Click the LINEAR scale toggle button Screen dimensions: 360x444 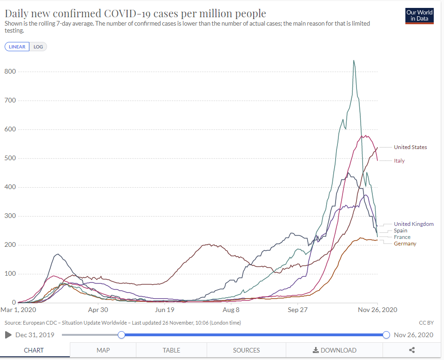click(x=17, y=47)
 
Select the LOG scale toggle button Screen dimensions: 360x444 click(x=38, y=47)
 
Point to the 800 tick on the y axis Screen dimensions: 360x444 click(x=10, y=72)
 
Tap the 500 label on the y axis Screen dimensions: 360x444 click(x=10, y=158)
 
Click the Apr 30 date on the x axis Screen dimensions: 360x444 click(x=98, y=310)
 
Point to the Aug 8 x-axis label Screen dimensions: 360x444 click(x=231, y=310)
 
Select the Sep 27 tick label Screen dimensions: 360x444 click(x=298, y=310)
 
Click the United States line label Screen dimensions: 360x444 click(x=410, y=147)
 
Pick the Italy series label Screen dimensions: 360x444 click(x=399, y=161)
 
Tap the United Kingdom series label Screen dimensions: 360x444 click(x=413, y=224)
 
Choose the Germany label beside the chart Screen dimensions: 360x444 click(x=405, y=244)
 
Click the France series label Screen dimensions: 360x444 click(x=402, y=237)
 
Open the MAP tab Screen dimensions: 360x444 click(x=103, y=350)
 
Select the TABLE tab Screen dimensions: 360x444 click(x=171, y=350)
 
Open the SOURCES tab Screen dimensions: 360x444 click(x=246, y=350)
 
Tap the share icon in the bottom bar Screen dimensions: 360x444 click(x=412, y=350)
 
